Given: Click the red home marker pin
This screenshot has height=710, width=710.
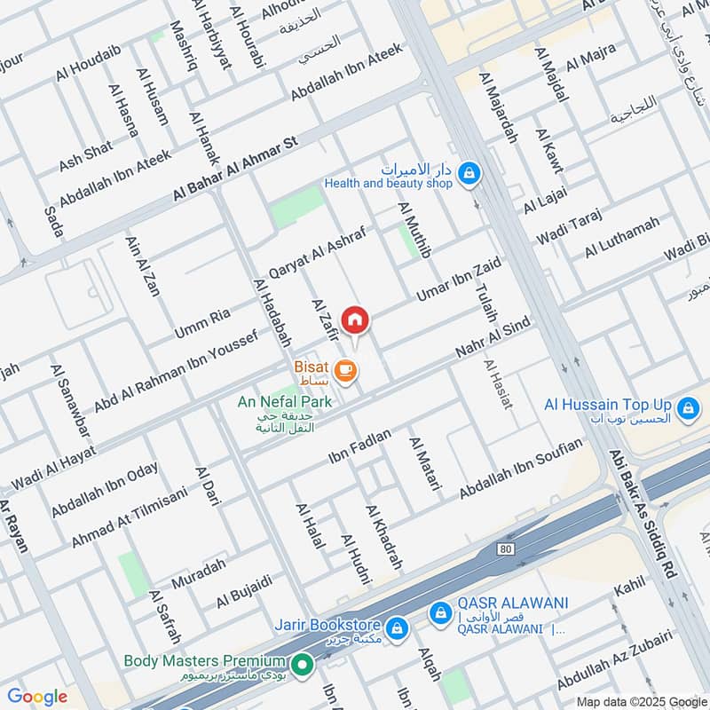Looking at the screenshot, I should [x=355, y=319].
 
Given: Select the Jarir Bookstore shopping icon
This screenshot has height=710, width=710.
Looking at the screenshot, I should [x=397, y=627].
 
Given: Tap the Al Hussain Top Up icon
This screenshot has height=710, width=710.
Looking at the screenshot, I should [x=685, y=409].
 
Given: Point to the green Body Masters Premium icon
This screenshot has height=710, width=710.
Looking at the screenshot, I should [x=303, y=662].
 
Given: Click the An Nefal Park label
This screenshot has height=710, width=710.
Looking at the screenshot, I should [x=284, y=402].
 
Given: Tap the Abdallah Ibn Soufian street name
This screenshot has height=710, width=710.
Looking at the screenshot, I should [x=522, y=468].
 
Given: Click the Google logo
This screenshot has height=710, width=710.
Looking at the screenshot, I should [x=37, y=697].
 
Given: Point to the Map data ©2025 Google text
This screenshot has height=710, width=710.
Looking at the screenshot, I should [x=642, y=700].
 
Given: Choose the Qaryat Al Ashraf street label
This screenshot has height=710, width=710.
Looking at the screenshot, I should [x=317, y=251].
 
